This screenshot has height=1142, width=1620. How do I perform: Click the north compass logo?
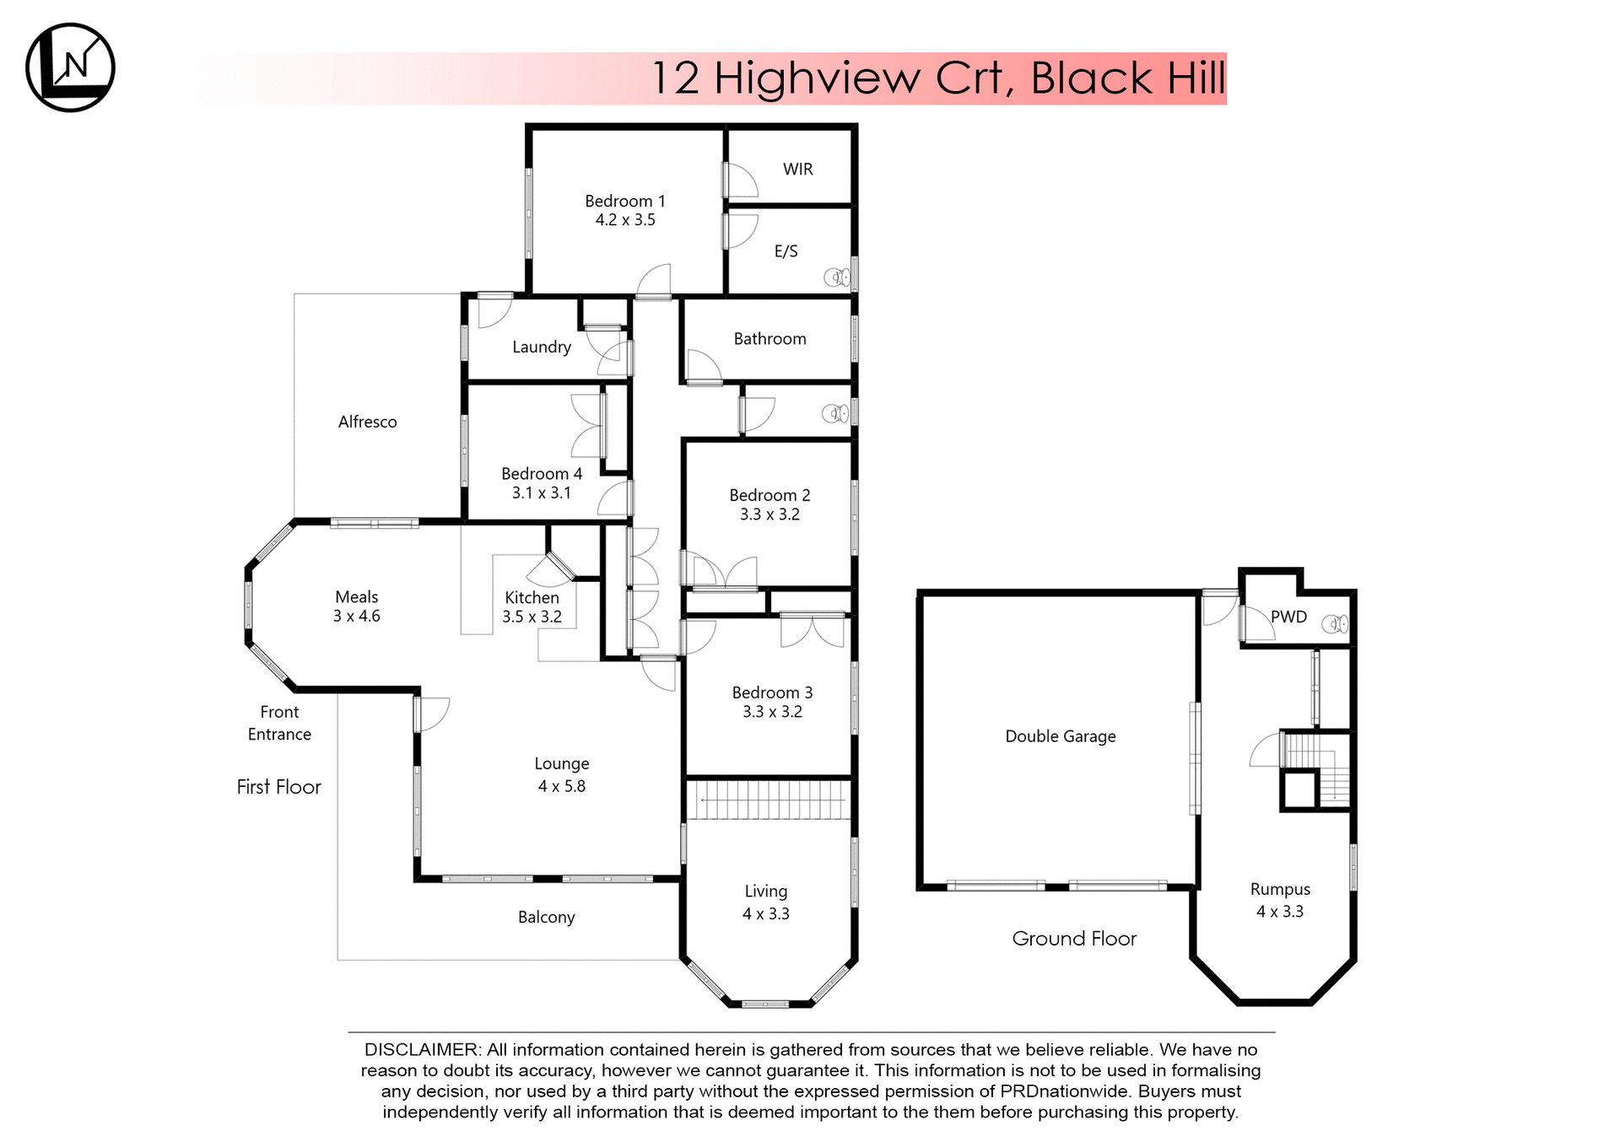tap(70, 67)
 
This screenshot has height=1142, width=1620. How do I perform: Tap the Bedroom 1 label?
tap(625, 201)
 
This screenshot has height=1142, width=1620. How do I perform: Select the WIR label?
tap(797, 170)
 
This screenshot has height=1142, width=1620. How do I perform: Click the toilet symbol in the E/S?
tap(836, 277)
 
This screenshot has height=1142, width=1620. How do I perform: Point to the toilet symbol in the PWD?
tap(1334, 624)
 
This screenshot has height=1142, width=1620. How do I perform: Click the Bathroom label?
tap(769, 339)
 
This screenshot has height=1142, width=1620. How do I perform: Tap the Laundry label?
tap(542, 347)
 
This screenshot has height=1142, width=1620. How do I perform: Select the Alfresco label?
tap(367, 422)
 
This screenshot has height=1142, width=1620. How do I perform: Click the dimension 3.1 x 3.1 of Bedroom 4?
tap(542, 493)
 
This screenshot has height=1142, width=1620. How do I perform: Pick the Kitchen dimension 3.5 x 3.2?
tap(532, 617)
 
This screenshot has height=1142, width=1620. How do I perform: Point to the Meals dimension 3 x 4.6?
tap(356, 617)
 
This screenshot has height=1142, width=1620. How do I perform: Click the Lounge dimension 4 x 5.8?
tap(561, 786)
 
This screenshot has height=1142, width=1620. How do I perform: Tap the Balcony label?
tap(546, 917)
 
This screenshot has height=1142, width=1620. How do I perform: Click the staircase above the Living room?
tap(768, 799)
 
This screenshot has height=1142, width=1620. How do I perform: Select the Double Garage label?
tap(1060, 736)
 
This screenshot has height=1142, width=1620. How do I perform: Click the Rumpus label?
tap(1280, 889)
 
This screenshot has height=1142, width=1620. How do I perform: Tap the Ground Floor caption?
tap(1073, 939)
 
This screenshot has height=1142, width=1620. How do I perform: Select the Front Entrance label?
tap(279, 723)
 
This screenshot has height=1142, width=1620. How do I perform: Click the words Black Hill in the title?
tap(1127, 78)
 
